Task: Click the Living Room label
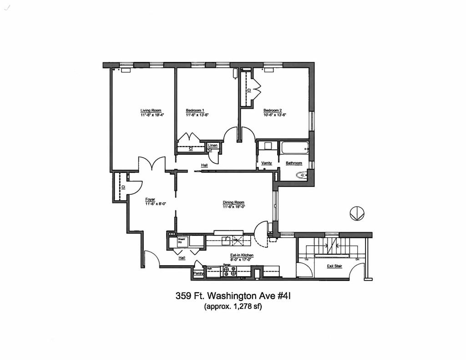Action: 151,111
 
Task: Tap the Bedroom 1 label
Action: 195,111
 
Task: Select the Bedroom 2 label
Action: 273,111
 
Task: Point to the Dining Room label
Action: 233,203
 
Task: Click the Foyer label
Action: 150,199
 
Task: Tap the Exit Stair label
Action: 334,266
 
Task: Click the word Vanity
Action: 267,163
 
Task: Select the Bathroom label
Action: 294,163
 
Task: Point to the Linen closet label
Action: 213,145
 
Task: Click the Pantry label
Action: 198,273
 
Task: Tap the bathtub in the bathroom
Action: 294,148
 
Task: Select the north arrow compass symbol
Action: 357,213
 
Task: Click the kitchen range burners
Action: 230,272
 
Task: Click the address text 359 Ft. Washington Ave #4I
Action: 233,296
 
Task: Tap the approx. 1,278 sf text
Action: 233,306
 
